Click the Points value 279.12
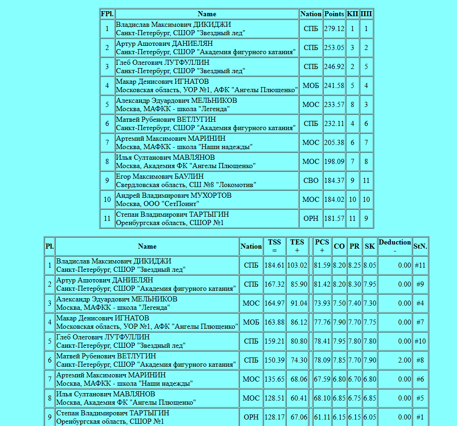(334, 29)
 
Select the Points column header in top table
(334, 14)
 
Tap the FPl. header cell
(107, 14)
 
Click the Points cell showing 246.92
(334, 67)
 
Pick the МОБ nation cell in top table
(311, 86)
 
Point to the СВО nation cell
(311, 181)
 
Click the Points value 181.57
(334, 219)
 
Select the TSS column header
(274, 246)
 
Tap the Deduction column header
(394, 246)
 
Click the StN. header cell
(419, 246)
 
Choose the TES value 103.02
(297, 265)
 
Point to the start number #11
(419, 265)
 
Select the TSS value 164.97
(274, 303)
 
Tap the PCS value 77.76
(322, 322)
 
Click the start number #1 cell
(419, 417)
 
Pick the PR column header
(354, 246)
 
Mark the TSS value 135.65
(274, 379)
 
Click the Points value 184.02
(334, 200)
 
